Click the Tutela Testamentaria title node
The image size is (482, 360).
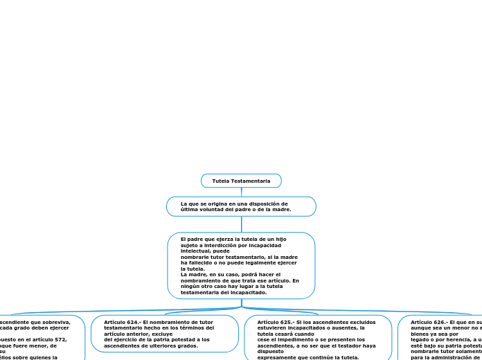click(x=241, y=181)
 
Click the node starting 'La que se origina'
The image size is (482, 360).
click(x=241, y=206)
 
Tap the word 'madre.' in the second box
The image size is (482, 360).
click(x=281, y=209)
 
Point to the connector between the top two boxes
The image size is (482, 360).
click(x=241, y=192)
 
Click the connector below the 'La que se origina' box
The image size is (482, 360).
click(x=241, y=224)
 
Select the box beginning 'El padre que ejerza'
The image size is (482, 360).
click(x=241, y=265)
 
